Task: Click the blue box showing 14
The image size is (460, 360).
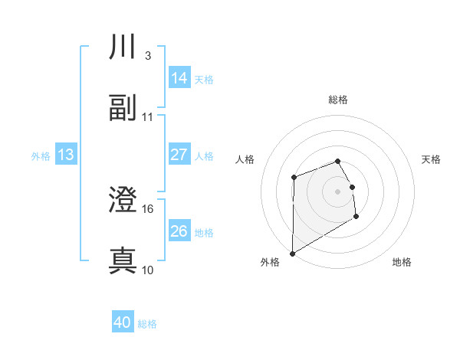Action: click(179, 78)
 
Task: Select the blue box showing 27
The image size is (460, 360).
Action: click(179, 155)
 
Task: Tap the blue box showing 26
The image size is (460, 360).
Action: click(179, 231)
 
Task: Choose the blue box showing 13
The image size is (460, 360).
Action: click(66, 155)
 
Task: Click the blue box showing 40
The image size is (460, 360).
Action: click(123, 323)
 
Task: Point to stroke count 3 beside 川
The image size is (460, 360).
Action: click(147, 56)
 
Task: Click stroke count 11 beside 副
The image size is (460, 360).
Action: click(148, 116)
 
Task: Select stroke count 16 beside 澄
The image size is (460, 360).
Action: click(148, 208)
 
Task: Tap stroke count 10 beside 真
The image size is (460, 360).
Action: click(148, 270)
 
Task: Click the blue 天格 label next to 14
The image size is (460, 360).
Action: click(204, 79)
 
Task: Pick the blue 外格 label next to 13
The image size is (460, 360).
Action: click(41, 155)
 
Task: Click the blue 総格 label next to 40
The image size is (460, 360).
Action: click(147, 324)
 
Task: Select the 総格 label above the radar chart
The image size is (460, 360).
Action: click(337, 100)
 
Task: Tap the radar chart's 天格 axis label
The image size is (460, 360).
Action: click(432, 159)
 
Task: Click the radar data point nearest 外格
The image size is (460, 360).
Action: click(292, 253)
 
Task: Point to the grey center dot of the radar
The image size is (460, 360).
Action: click(337, 191)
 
